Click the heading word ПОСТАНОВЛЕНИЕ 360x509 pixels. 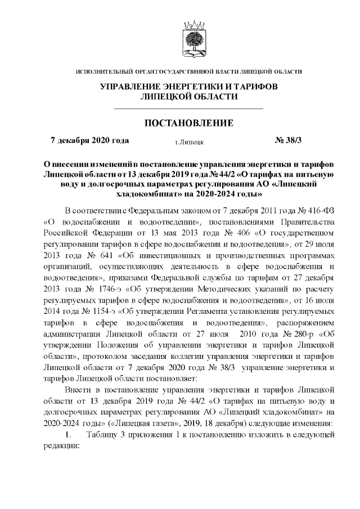(x=189, y=123)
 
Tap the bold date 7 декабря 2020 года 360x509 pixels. (x=90, y=140)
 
